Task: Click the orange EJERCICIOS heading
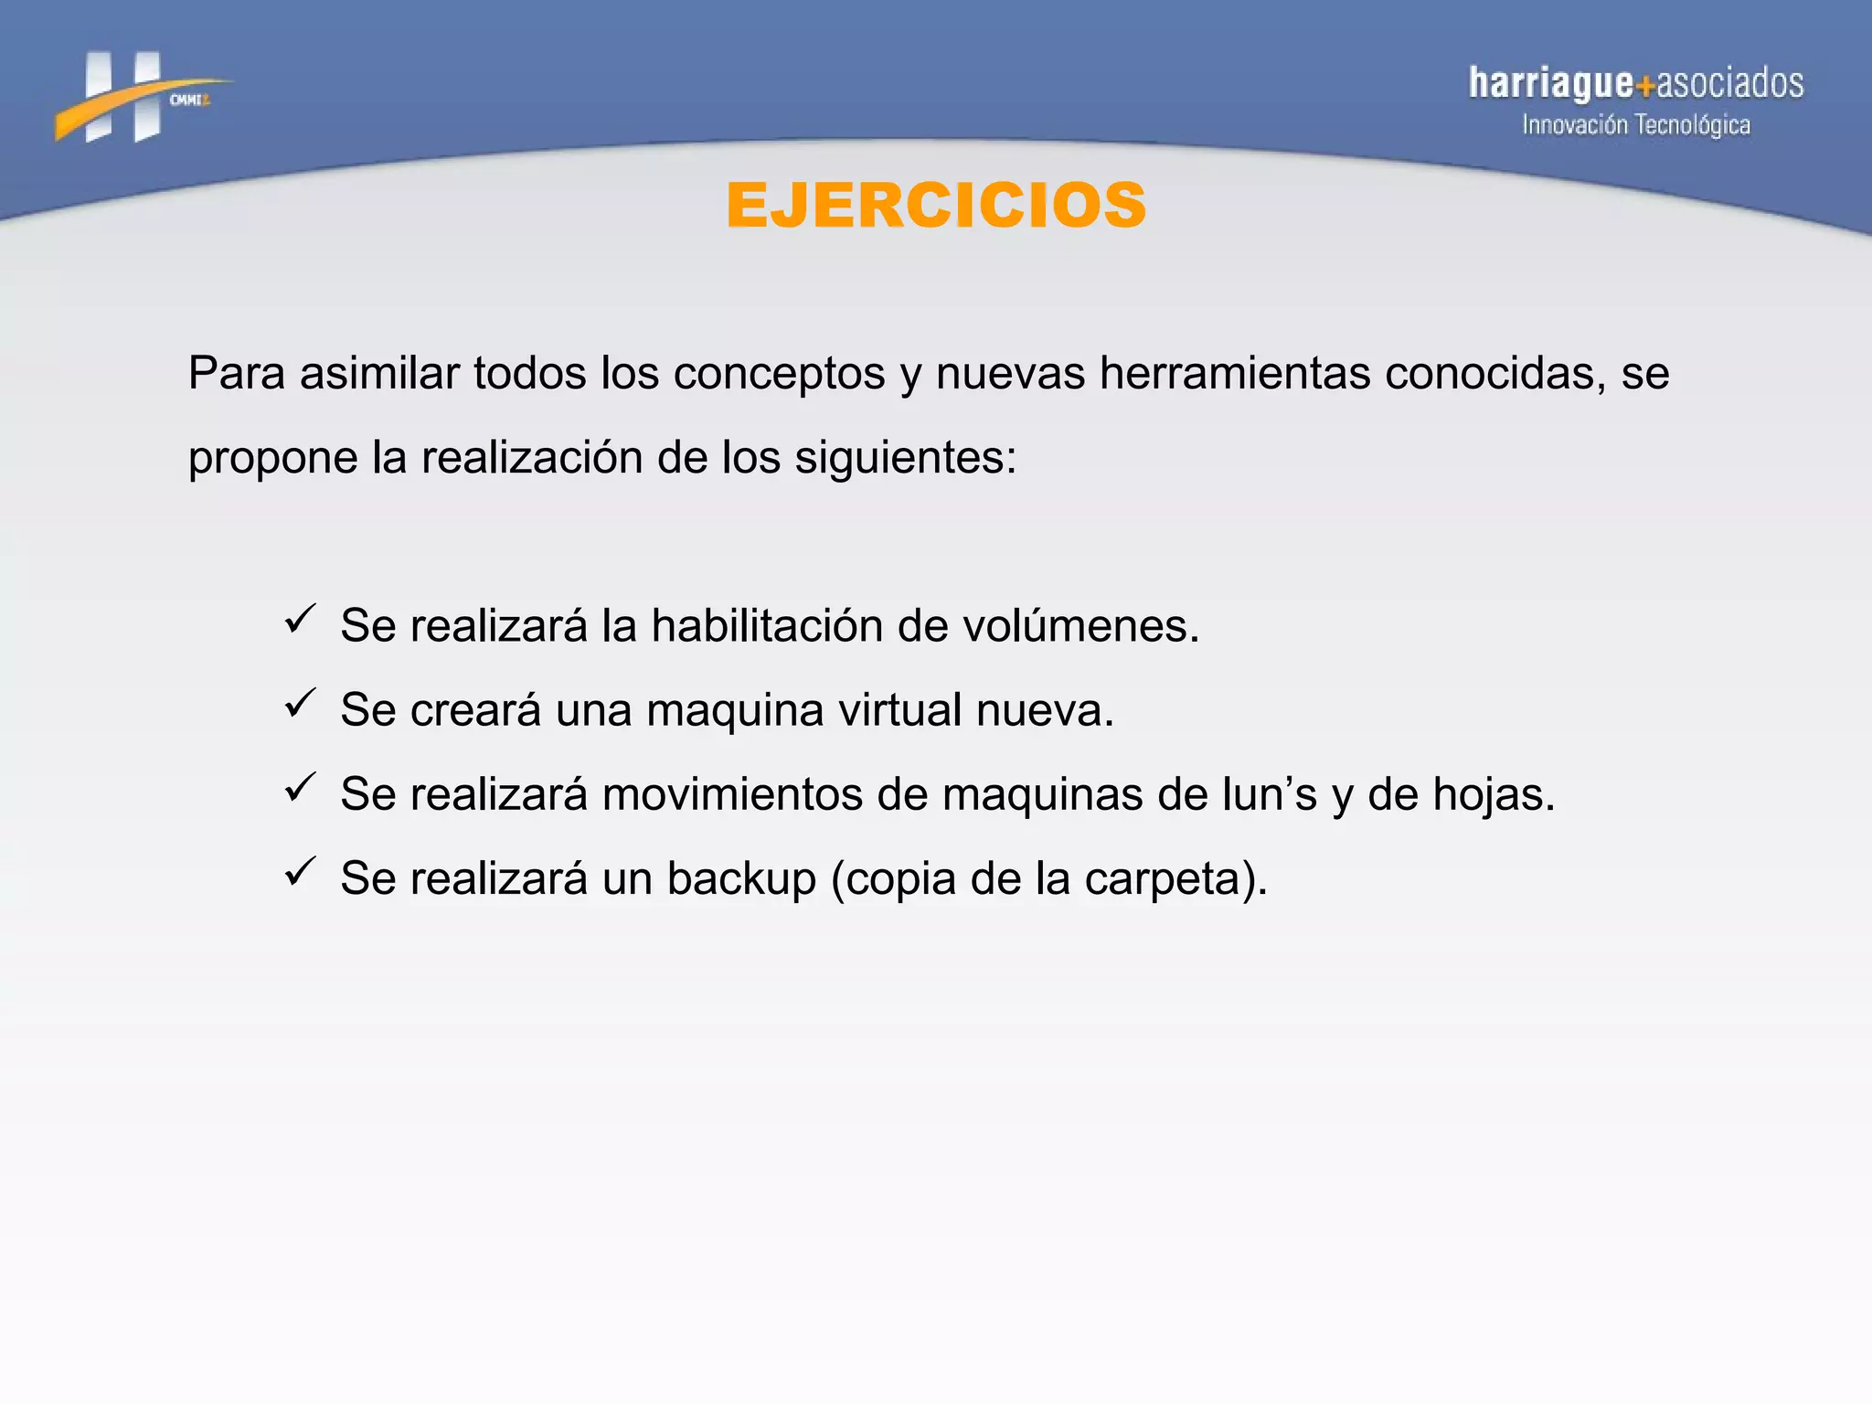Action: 936,205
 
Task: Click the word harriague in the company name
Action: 1550,83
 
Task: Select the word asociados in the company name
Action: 1729,83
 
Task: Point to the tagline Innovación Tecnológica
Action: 1635,125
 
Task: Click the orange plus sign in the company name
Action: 1645,87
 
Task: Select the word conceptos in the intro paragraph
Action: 780,373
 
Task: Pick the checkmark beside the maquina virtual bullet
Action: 300,703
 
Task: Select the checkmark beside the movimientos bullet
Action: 300,787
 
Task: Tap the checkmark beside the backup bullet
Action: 300,871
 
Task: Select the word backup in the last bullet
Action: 740,878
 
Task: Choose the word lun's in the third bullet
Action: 1270,794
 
